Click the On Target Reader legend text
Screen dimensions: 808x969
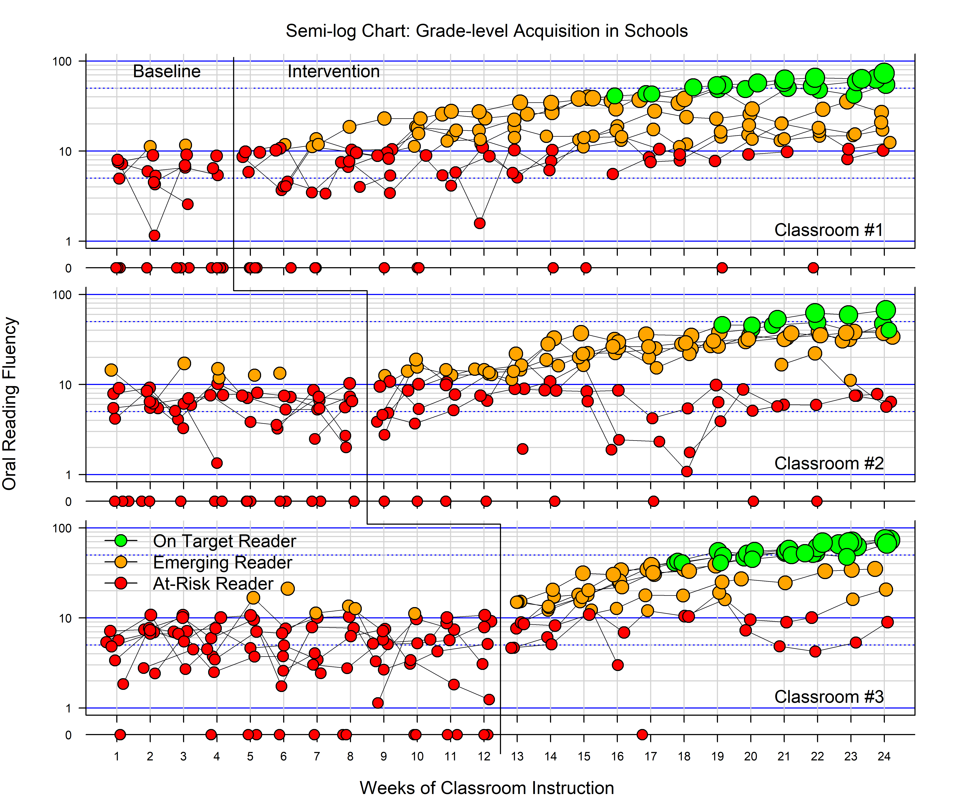pos(224,541)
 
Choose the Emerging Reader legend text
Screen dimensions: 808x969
pos(222,562)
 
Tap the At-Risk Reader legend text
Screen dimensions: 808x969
pos(213,584)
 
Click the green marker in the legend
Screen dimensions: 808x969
pos(121,541)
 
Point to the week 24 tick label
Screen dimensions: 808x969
pos(884,756)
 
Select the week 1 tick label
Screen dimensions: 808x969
pos(117,756)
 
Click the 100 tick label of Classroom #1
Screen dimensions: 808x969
pos(62,61)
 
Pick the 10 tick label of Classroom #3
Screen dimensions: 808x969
pos(65,618)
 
